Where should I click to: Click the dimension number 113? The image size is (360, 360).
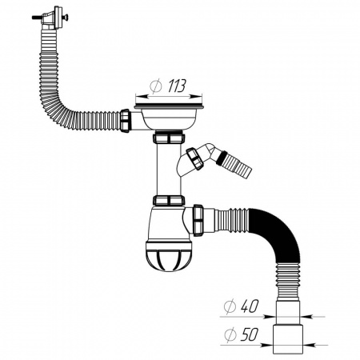[x=177, y=86]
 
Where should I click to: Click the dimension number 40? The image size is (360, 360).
[x=250, y=306]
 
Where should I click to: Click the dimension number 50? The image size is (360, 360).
[x=250, y=334]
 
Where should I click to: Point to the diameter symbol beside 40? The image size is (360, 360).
[x=230, y=306]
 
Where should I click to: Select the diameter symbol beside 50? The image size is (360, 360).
[x=230, y=335]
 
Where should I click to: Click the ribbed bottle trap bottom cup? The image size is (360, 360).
[x=169, y=256]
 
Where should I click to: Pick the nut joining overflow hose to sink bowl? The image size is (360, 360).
[x=125, y=120]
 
